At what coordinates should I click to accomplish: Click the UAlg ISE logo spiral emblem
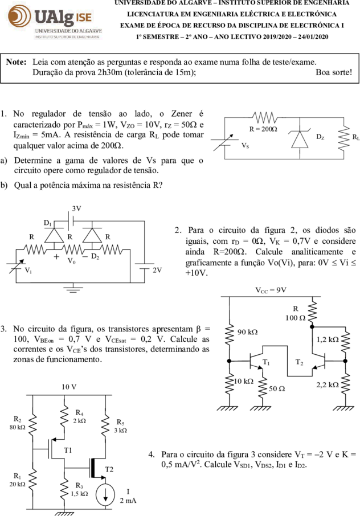tap(19, 15)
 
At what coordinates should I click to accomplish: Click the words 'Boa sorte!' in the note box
tap(334, 72)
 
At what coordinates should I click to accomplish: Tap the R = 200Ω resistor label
tap(263, 129)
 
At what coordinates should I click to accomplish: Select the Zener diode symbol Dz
tap(300, 139)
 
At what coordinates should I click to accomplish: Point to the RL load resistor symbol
tap(343, 138)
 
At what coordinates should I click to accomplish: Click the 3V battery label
tap(77, 208)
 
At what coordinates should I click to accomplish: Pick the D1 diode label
tap(48, 223)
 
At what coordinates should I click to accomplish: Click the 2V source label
tap(157, 270)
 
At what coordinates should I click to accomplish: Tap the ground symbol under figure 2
tap(73, 289)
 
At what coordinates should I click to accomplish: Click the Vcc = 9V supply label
tap(271, 290)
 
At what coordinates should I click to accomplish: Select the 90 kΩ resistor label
tap(247, 332)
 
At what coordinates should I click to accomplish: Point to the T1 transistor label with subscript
tap(266, 362)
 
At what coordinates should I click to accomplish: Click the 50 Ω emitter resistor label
tap(277, 388)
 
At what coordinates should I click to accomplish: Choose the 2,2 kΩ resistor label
tap(328, 384)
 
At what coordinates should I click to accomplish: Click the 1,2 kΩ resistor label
tap(328, 339)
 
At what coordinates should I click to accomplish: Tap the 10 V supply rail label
tap(69, 387)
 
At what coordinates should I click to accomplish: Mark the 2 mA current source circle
tap(105, 494)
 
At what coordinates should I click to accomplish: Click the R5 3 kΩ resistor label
tap(121, 426)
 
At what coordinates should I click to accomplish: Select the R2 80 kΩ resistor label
tap(17, 423)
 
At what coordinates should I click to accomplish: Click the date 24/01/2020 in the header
tap(313, 37)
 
